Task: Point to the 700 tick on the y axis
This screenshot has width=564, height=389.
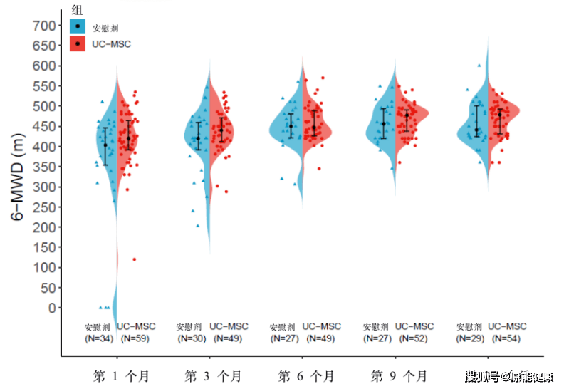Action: coord(44,26)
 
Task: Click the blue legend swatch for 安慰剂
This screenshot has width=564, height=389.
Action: coord(78,27)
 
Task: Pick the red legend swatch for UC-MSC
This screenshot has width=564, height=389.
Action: coord(78,43)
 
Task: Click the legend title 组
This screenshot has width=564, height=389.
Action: coord(77,9)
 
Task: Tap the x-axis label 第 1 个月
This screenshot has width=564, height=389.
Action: coord(121,375)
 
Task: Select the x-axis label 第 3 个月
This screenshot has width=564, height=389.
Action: coord(213,375)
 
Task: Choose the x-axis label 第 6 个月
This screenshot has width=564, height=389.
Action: coord(306,375)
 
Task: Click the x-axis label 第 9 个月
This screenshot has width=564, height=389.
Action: coord(399,375)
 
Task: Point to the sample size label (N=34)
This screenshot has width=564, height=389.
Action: coord(99,338)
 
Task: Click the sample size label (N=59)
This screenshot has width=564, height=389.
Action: coord(135,338)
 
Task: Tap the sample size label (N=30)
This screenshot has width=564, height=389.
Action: coord(191,338)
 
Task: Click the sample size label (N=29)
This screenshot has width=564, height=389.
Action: coord(470,338)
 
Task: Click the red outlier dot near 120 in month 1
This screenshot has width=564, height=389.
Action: coord(134,259)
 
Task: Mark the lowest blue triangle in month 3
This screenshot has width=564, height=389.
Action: coord(198,226)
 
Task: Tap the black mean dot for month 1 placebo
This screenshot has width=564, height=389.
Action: coord(105,145)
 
